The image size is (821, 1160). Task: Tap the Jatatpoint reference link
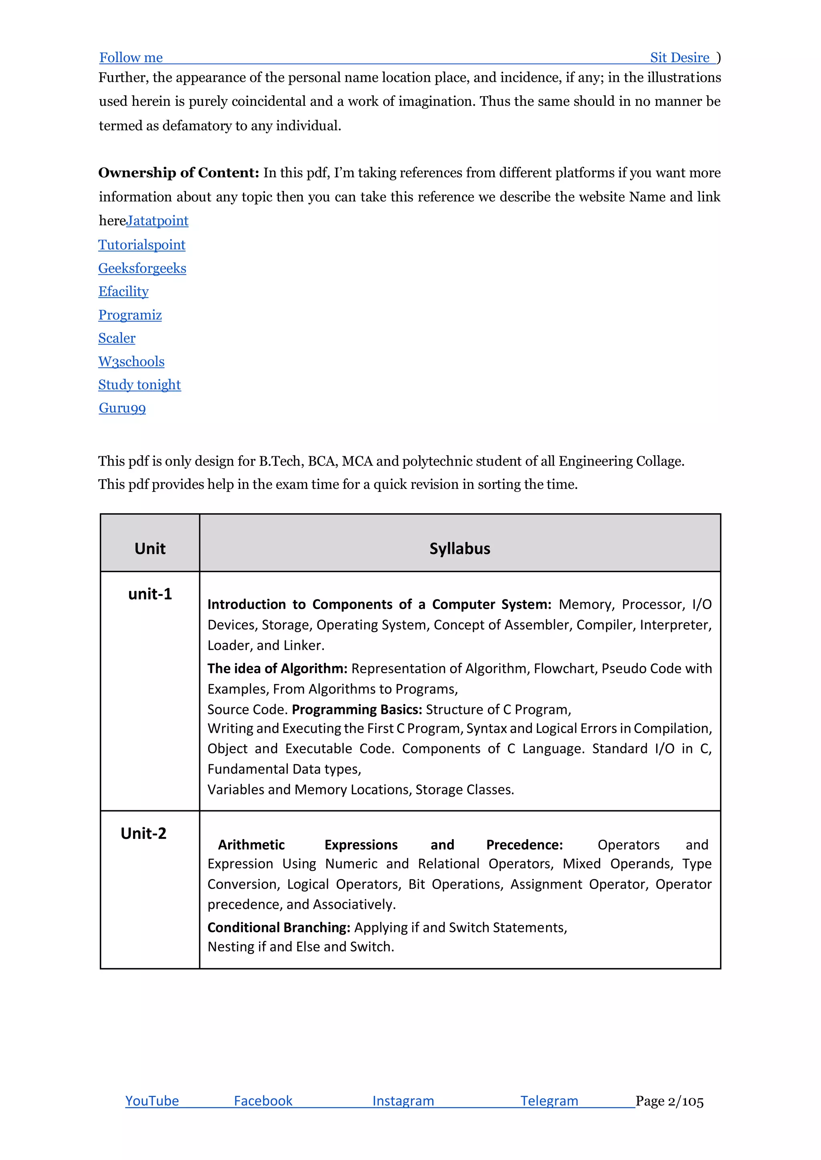pos(157,221)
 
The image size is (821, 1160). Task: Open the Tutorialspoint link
pos(142,245)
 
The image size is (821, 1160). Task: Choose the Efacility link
pos(123,292)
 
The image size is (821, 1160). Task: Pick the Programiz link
pos(130,315)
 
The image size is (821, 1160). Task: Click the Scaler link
pos(117,338)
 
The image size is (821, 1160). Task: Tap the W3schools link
pos(131,362)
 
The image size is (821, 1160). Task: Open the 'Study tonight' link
pos(140,385)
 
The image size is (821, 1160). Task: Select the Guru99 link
pos(122,408)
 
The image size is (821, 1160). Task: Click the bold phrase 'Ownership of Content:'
pos(178,173)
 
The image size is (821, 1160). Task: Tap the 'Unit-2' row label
pos(143,833)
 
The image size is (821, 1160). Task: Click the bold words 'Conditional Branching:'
pos(279,927)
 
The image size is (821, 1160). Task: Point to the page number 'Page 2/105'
pos(669,1101)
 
